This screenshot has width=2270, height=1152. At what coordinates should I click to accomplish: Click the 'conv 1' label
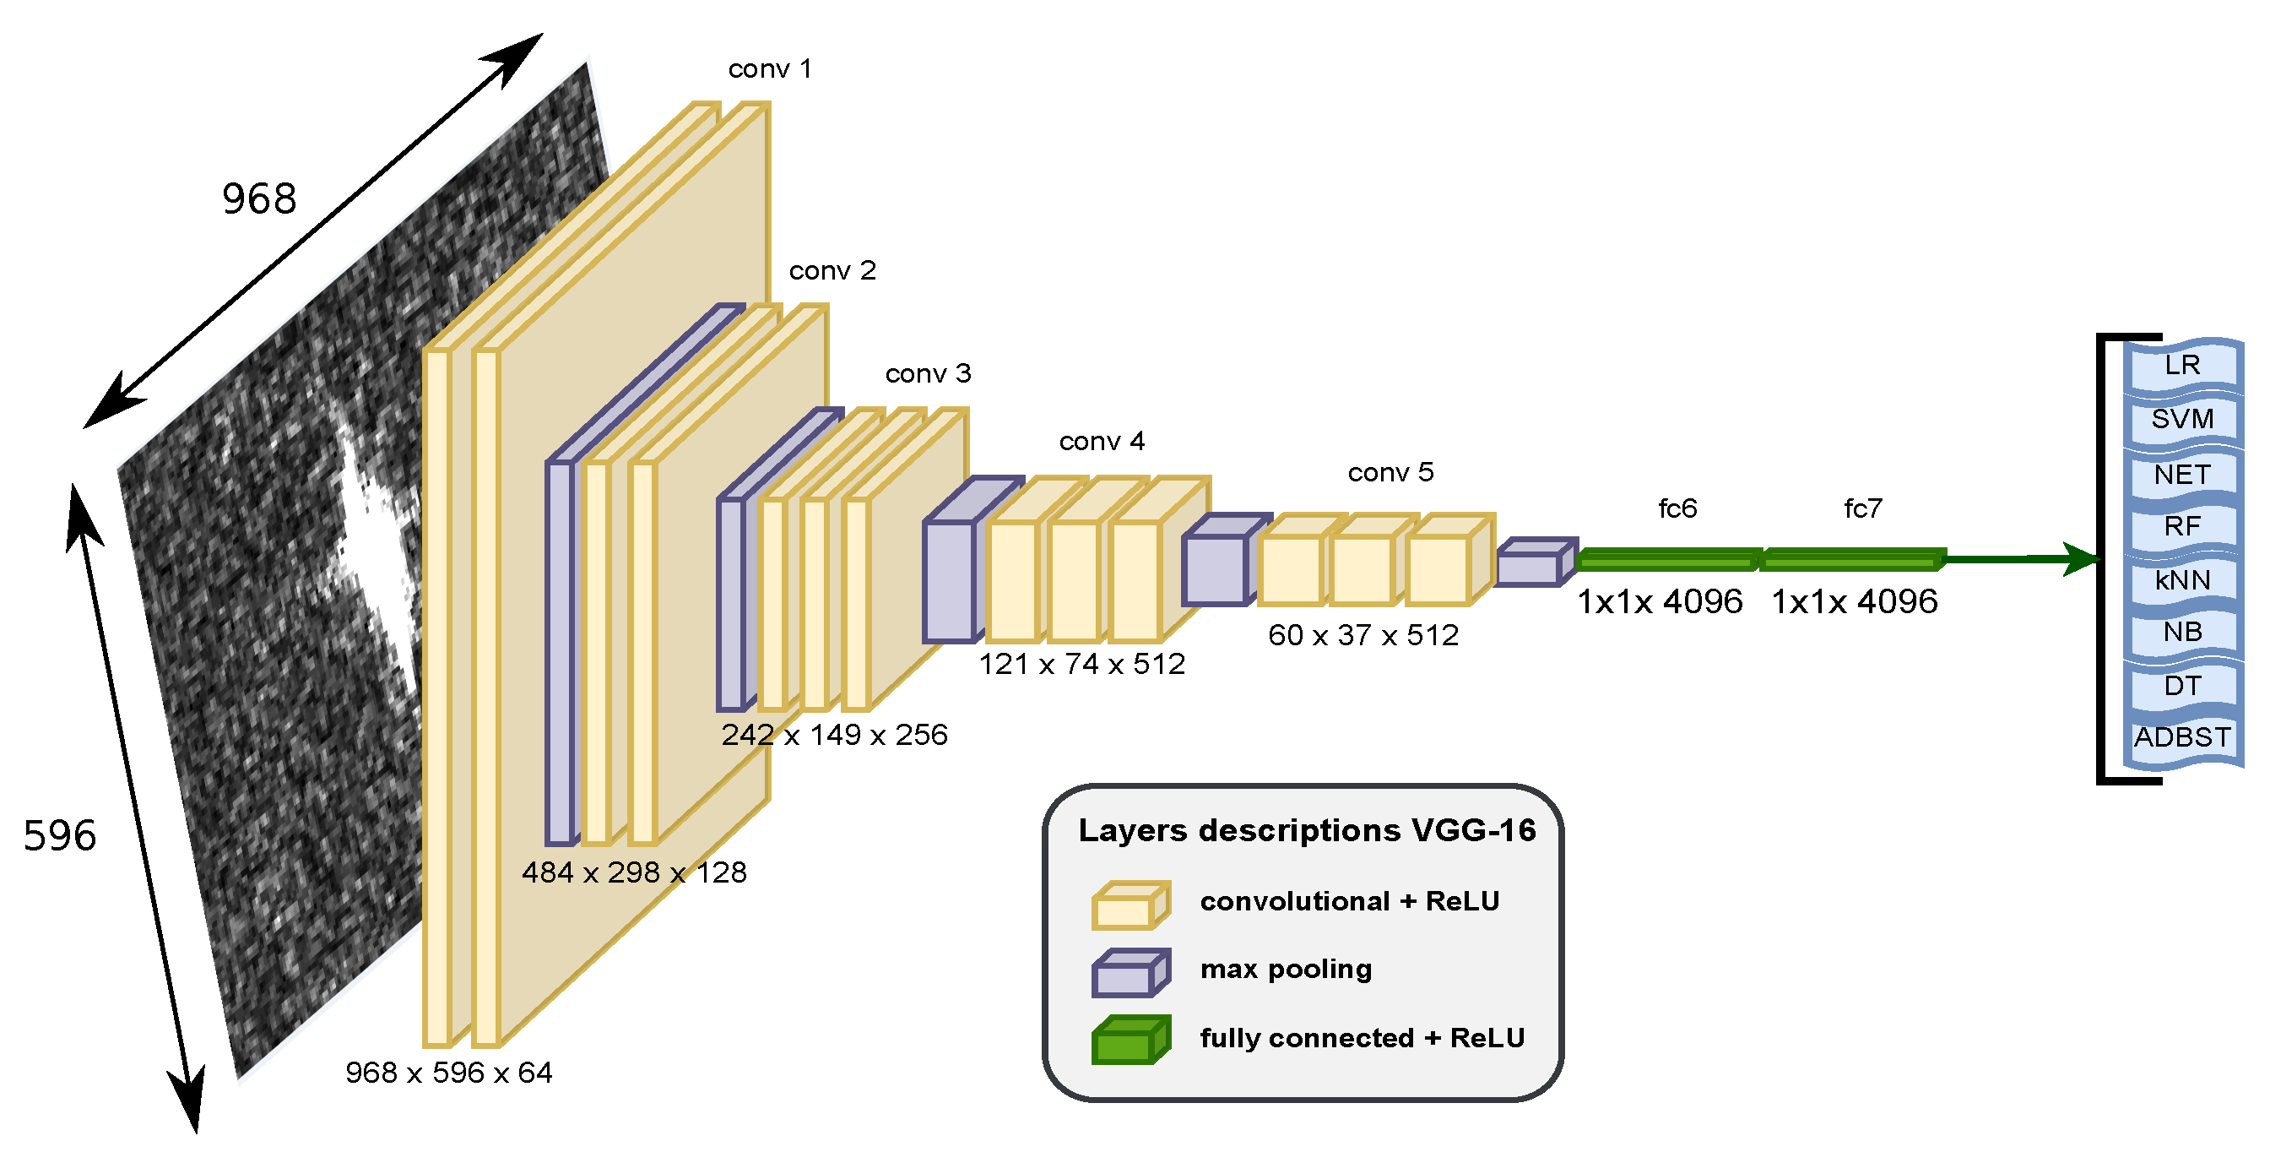pos(769,68)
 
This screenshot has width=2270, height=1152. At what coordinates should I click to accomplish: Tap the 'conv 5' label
pos(1390,472)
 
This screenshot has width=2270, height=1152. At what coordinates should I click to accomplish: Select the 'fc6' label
pos(1677,508)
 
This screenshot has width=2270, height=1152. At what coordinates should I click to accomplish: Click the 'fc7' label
pos(1863,508)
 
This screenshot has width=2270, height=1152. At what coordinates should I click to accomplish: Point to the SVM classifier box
pos(2182,420)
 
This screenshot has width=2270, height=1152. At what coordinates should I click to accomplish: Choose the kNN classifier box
pos(2182,581)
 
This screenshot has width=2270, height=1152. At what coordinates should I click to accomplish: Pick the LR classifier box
pos(2182,365)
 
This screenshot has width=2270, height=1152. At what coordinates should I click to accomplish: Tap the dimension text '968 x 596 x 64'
pos(448,1073)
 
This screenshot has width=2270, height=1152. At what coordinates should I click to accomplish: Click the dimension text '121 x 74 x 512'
pos(1082,665)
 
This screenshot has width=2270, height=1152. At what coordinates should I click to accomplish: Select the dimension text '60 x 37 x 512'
pos(1363,635)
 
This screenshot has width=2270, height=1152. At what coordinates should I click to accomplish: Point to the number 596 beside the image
pos(59,835)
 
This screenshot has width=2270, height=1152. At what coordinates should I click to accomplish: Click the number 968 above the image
pos(259,198)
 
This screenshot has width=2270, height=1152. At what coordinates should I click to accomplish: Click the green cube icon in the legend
pos(1130,1041)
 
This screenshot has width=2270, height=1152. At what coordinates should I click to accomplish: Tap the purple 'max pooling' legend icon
pos(1130,973)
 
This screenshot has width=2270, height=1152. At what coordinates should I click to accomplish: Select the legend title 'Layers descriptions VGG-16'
pos(1307,831)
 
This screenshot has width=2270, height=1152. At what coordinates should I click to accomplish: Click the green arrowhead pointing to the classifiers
pos(2082,559)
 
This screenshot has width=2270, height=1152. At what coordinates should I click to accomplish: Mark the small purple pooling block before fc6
pos(1533,564)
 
